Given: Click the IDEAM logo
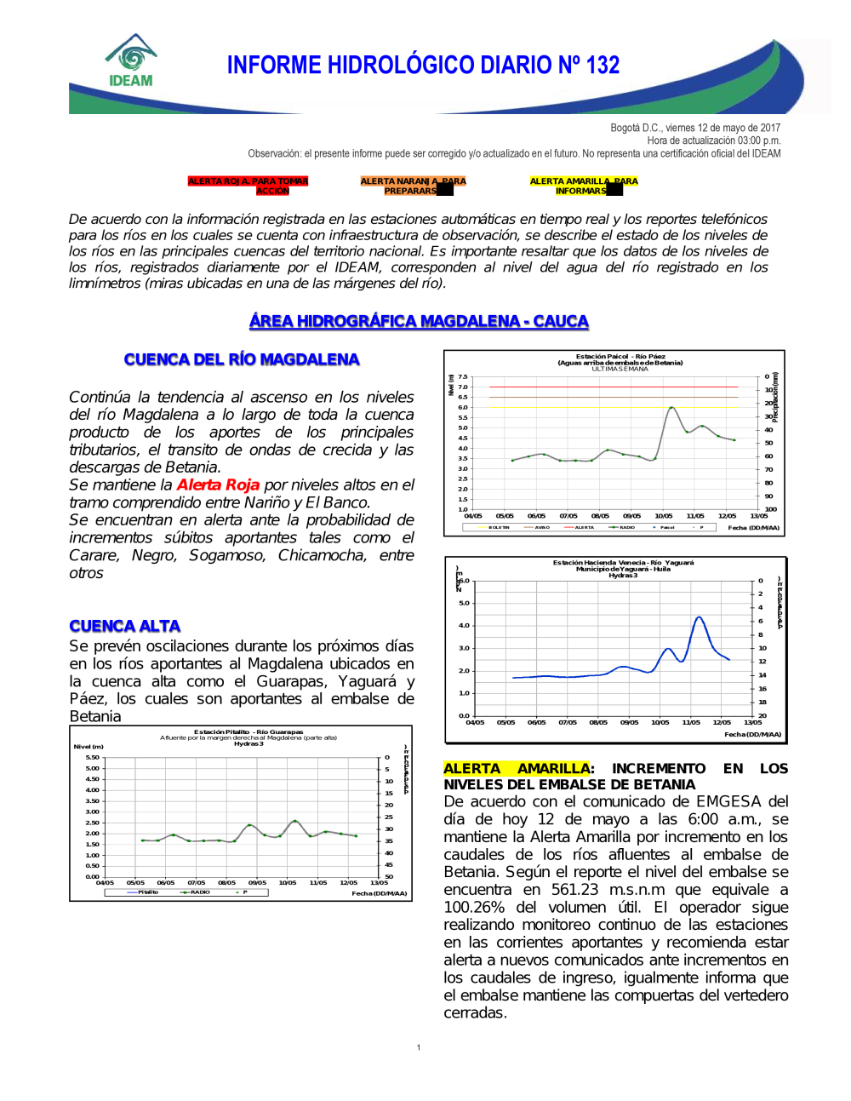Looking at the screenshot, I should click(131, 61).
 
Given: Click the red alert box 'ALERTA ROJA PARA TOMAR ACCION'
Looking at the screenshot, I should click(248, 186).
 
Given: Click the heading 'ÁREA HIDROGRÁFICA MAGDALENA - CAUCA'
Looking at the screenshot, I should click(419, 321).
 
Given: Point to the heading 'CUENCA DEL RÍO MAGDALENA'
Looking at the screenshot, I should click(242, 359).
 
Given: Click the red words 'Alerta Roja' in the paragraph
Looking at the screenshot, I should click(218, 485).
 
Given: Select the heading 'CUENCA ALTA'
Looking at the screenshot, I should click(125, 626).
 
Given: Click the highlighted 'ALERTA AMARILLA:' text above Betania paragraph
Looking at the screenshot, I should click(518, 768).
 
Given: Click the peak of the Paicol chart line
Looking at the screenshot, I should click(672, 407).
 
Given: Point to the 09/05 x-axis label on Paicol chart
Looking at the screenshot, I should click(631, 516).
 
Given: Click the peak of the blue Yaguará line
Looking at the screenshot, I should click(699, 616).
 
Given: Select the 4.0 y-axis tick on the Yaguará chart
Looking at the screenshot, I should click(464, 625).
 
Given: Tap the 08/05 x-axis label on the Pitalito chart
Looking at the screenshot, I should click(226, 883).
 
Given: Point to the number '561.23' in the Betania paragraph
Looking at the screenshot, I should click(575, 889).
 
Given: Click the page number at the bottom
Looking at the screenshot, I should click(419, 1047).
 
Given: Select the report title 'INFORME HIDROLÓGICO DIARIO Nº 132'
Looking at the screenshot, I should click(423, 66).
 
